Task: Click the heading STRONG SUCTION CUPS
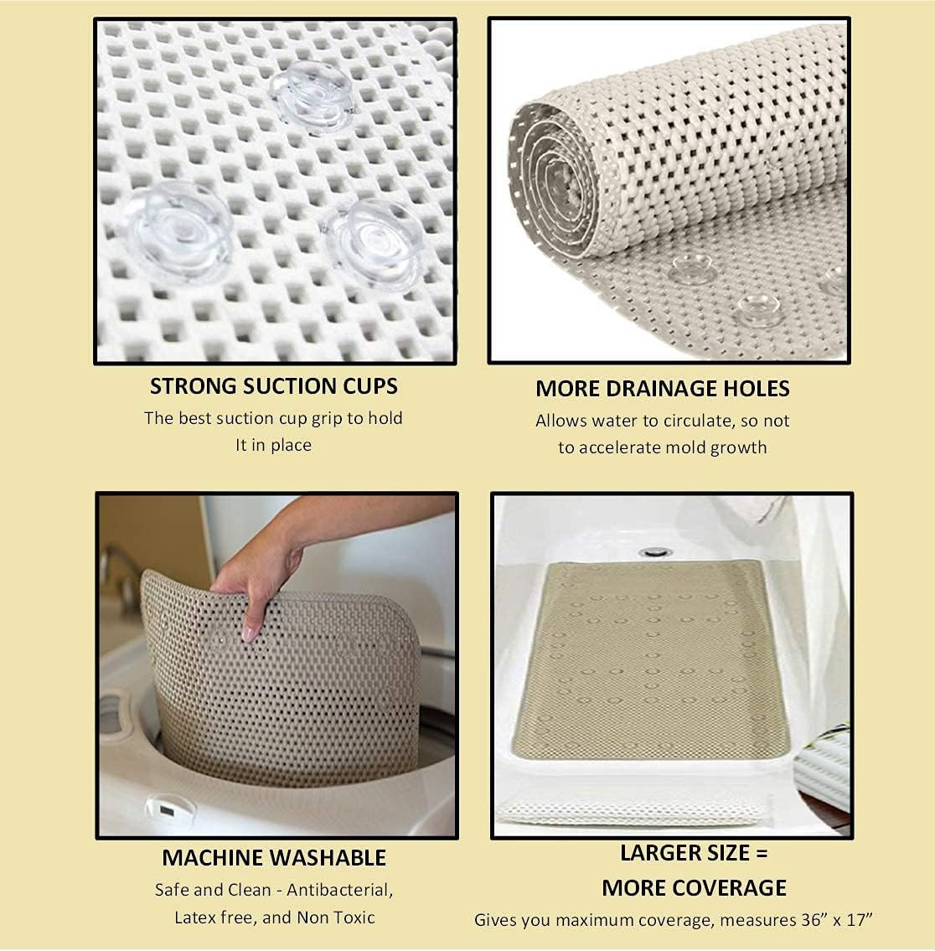coord(273,386)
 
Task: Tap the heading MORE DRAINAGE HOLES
coord(662,389)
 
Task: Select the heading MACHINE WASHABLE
coord(273,858)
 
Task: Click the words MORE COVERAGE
coord(694,888)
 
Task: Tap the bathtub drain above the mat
coord(653,552)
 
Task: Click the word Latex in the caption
coord(195,917)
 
